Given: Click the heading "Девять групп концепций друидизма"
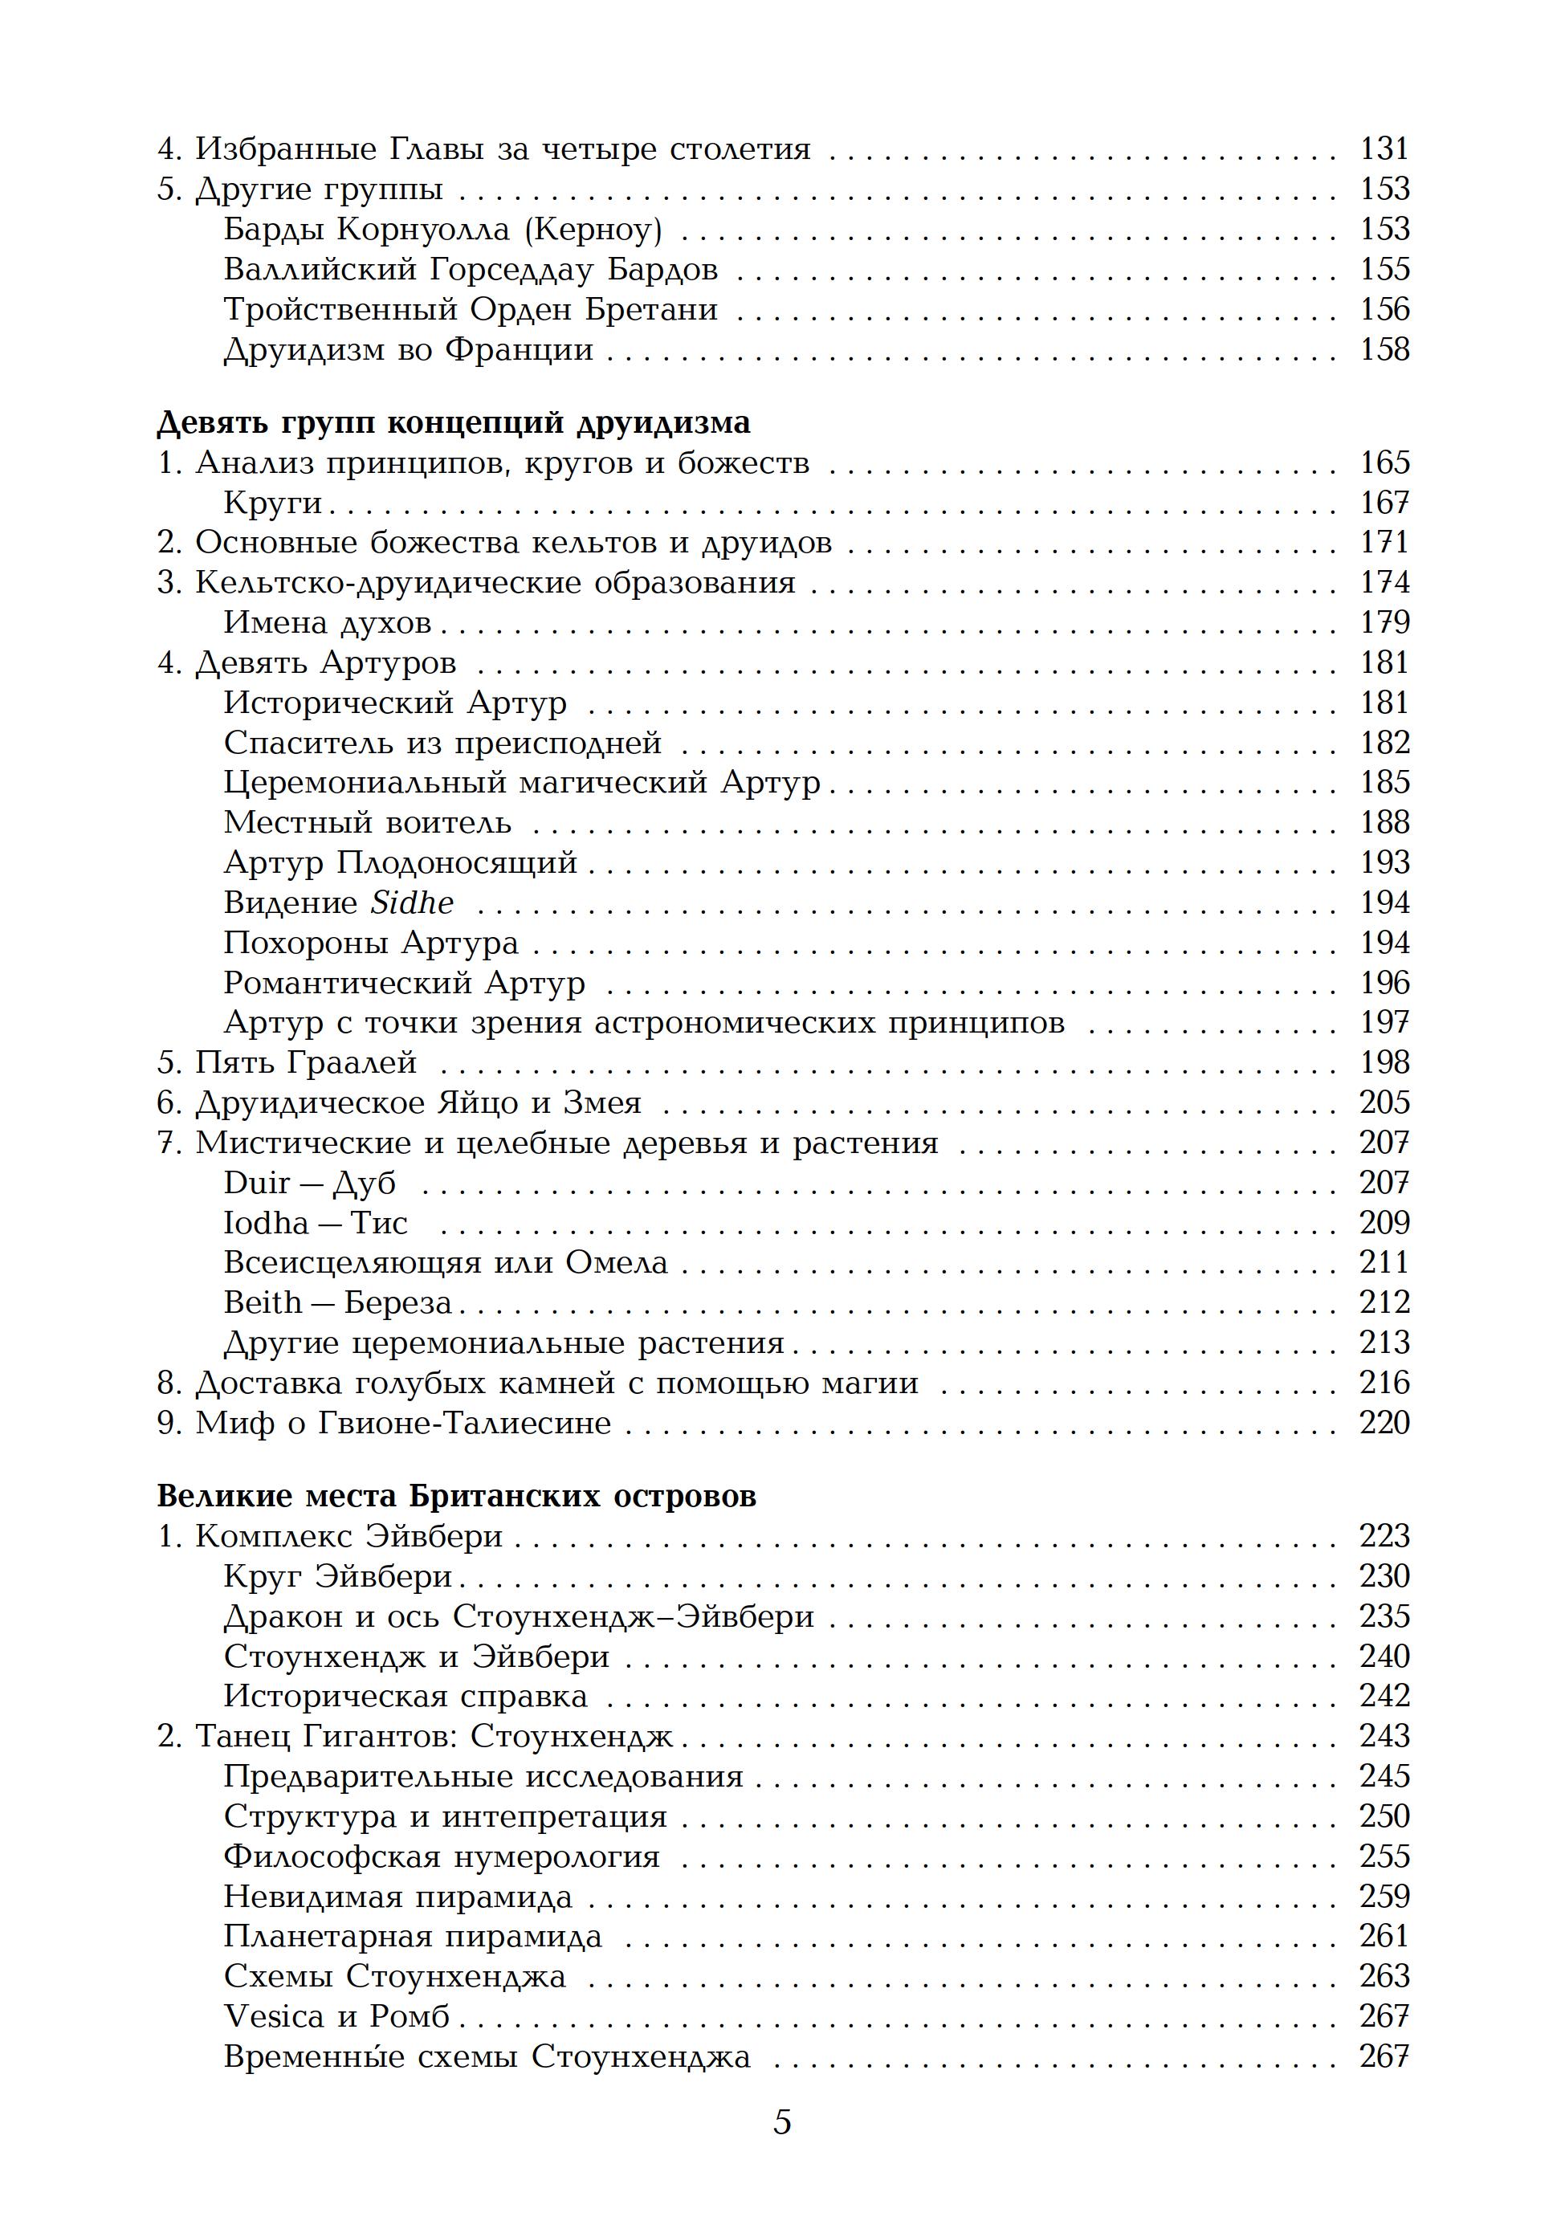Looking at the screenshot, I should click(x=454, y=423).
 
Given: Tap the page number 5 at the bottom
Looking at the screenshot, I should click(x=781, y=2150).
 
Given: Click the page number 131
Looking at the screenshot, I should click(x=1384, y=149).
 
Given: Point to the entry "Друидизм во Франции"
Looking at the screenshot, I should click(x=408, y=349).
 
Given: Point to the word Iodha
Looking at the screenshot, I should click(x=265, y=1223).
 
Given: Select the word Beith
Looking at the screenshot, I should click(x=262, y=1303).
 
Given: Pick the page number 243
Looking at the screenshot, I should click(x=1384, y=1737).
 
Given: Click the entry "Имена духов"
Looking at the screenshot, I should click(x=327, y=623).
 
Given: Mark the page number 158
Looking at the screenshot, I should click(x=1384, y=349).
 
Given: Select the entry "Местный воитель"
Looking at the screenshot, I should click(x=367, y=823).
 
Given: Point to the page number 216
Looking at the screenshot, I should click(x=1384, y=1383).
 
